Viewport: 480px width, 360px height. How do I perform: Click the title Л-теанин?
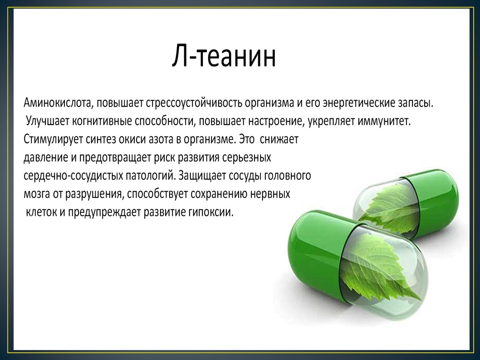point(224,56)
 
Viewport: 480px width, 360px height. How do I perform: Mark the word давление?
point(46,158)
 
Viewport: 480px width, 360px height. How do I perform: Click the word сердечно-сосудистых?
point(73,176)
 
